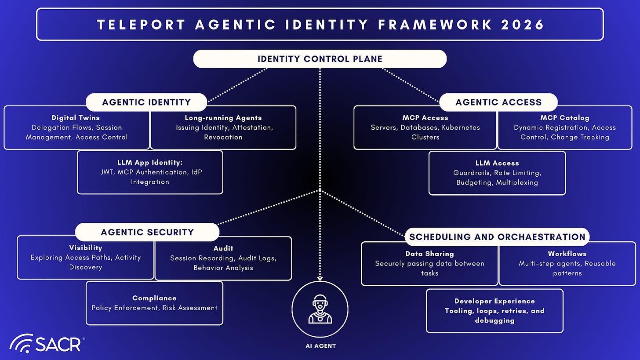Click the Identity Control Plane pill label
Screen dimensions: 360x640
(320, 59)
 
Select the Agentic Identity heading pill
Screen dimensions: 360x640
(146, 102)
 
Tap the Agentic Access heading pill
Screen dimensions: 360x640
(498, 102)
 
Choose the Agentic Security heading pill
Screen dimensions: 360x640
(147, 232)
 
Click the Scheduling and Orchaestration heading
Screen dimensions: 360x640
(497, 237)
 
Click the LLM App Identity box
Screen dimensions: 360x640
(150, 172)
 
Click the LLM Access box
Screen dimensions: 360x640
(497, 173)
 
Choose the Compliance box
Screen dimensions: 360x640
(154, 303)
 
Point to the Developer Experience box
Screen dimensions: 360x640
(495, 311)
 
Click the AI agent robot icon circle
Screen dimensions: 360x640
(320, 309)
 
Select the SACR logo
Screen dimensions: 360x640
(46, 343)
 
